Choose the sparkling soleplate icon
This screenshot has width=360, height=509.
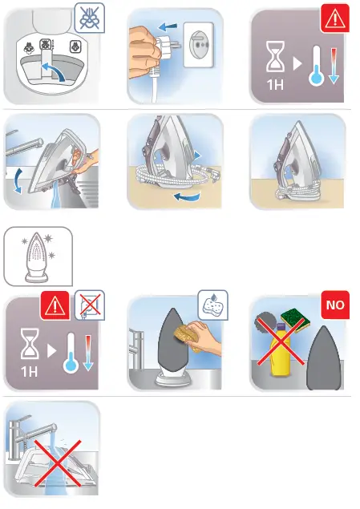[x=38, y=256]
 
